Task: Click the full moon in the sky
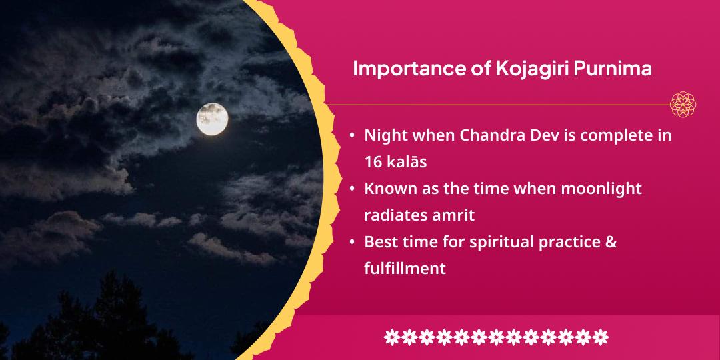pyautogui.click(x=212, y=119)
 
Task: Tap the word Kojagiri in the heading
pyautogui.click(x=532, y=69)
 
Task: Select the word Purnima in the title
pyautogui.click(x=613, y=69)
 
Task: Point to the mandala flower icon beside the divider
pyautogui.click(x=683, y=104)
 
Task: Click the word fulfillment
pyautogui.click(x=405, y=268)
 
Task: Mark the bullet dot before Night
pyautogui.click(x=352, y=136)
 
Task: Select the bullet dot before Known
pyautogui.click(x=352, y=189)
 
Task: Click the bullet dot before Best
pyautogui.click(x=352, y=242)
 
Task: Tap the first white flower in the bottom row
pyautogui.click(x=392, y=337)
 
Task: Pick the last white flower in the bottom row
pyautogui.click(x=600, y=337)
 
